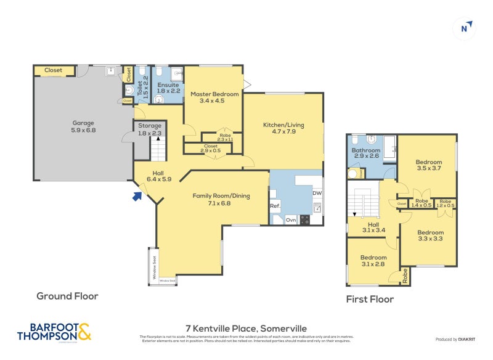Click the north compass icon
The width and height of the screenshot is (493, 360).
click(x=466, y=27)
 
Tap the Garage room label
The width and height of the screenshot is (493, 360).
click(x=83, y=126)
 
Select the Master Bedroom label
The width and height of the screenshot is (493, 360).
click(x=212, y=97)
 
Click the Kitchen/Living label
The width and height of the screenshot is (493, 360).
click(x=283, y=128)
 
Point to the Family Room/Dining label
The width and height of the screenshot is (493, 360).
click(x=221, y=199)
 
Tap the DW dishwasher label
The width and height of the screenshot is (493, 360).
click(x=317, y=193)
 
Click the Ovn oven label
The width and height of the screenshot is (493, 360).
click(x=291, y=219)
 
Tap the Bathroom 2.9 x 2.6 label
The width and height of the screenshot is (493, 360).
click(x=366, y=153)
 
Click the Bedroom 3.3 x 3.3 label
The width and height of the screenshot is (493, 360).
click(x=430, y=235)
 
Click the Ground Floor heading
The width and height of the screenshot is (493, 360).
click(x=67, y=296)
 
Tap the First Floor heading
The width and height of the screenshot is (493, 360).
click(x=369, y=300)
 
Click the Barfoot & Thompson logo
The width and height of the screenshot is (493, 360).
click(x=54, y=331)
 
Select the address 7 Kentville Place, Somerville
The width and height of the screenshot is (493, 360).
click(x=246, y=329)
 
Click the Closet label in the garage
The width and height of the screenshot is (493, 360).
click(x=54, y=70)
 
